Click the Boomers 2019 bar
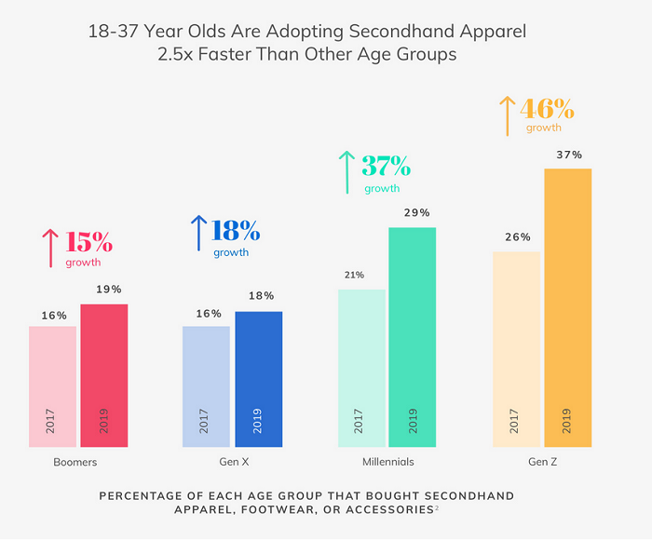[x=104, y=376]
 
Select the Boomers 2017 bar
[x=52, y=387]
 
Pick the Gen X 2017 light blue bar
[x=206, y=387]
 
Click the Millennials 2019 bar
[x=413, y=338]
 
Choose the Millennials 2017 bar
[x=361, y=369]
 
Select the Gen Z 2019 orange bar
[x=567, y=308]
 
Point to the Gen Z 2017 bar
[x=516, y=350]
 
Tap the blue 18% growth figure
[x=236, y=230]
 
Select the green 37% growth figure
[x=386, y=167]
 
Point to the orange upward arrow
[x=507, y=115]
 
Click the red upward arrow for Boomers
[x=49, y=249]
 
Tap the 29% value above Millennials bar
[x=416, y=212]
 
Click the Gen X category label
[x=232, y=462]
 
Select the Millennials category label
[x=387, y=462]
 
